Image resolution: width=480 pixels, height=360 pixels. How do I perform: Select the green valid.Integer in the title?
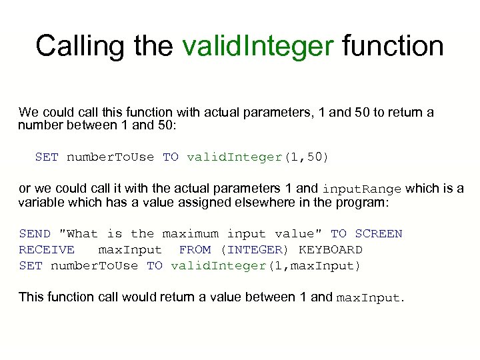pyautogui.click(x=257, y=46)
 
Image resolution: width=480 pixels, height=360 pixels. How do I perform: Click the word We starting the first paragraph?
pyautogui.click(x=29, y=112)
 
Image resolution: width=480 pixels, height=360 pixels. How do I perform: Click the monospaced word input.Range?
pyautogui.click(x=361, y=189)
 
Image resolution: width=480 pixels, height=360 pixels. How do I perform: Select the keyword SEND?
pyautogui.click(x=35, y=234)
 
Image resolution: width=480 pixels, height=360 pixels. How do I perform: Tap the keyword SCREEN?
pyautogui.click(x=378, y=234)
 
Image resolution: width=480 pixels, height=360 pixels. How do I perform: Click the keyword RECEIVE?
pyautogui.click(x=47, y=250)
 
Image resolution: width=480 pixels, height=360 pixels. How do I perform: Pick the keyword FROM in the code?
pyautogui.click(x=195, y=250)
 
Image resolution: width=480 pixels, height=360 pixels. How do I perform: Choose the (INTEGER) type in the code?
pyautogui.click(x=255, y=250)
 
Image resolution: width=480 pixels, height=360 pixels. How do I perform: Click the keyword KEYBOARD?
pyautogui.click(x=331, y=250)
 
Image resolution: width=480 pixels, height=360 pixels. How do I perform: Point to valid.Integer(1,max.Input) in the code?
pyautogui.click(x=265, y=266)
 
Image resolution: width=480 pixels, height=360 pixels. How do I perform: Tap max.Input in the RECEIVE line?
pyautogui.click(x=130, y=250)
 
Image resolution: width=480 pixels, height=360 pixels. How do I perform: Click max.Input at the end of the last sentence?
pyautogui.click(x=369, y=297)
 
